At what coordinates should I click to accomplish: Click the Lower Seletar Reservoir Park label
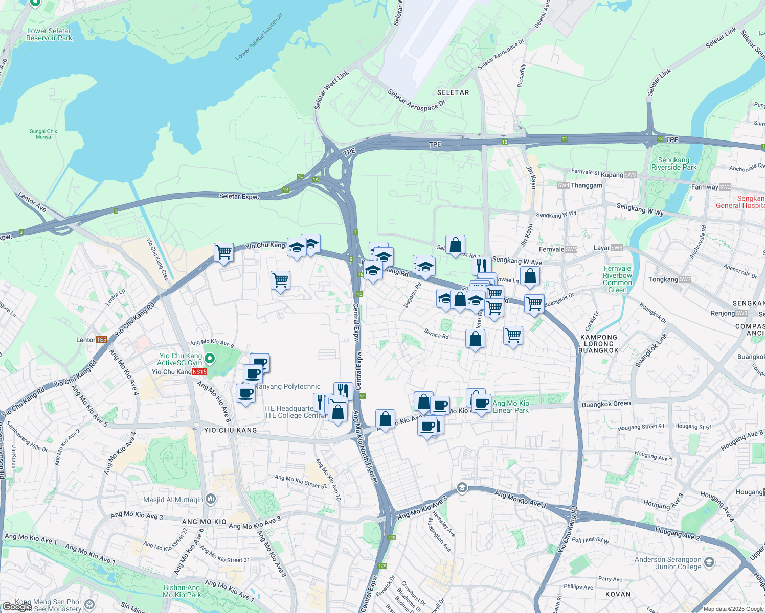pos(49,34)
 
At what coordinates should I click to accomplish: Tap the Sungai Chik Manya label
pos(43,134)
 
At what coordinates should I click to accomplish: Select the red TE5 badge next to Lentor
pos(101,340)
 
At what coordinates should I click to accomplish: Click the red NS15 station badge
pos(199,372)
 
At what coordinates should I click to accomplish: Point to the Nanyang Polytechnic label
pos(287,386)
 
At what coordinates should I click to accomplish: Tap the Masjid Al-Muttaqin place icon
pos(211,499)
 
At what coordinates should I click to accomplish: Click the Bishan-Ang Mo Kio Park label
pos(182,591)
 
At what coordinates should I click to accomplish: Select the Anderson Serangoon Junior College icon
pos(709,562)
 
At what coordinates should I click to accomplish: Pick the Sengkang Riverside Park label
pos(674,163)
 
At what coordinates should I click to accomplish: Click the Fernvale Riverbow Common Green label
pos(618,279)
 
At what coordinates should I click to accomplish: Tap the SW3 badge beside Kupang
pos(630,175)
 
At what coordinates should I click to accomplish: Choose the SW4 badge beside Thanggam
pos(563,185)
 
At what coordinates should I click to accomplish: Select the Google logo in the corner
pos(17,607)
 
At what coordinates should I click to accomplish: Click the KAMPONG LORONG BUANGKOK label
pos(598,344)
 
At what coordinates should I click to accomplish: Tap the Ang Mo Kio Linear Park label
pos(511,407)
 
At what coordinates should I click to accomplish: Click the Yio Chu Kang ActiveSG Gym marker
pos(210,360)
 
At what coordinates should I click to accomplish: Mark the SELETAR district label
pos(453,92)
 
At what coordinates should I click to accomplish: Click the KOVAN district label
pos(618,594)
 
